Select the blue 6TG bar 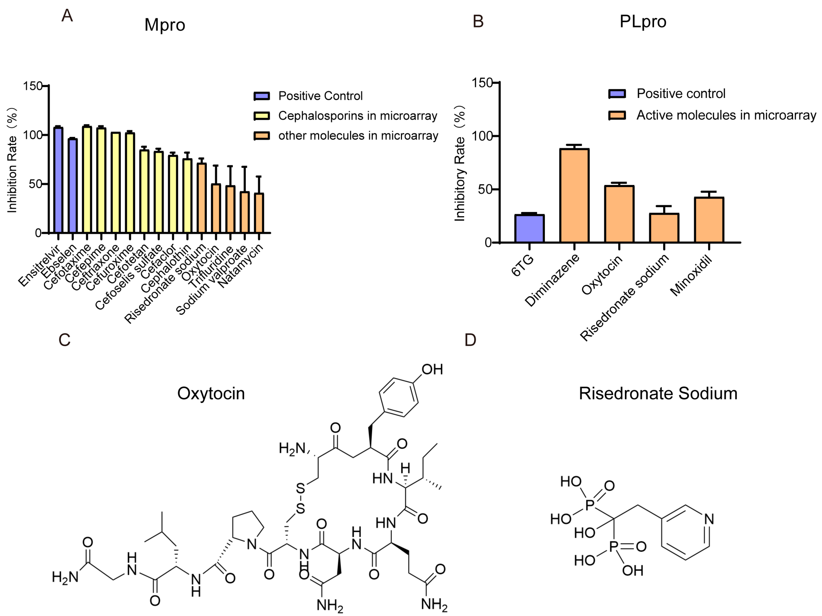[x=529, y=228]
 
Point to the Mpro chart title [x=165, y=25]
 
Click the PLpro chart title [x=643, y=22]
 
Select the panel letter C [x=64, y=339]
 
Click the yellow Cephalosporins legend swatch [x=262, y=116]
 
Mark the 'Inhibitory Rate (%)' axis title [x=460, y=164]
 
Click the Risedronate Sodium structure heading [x=658, y=393]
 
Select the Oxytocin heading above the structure [x=211, y=393]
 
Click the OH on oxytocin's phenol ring [x=432, y=369]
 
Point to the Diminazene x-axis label [x=552, y=280]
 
